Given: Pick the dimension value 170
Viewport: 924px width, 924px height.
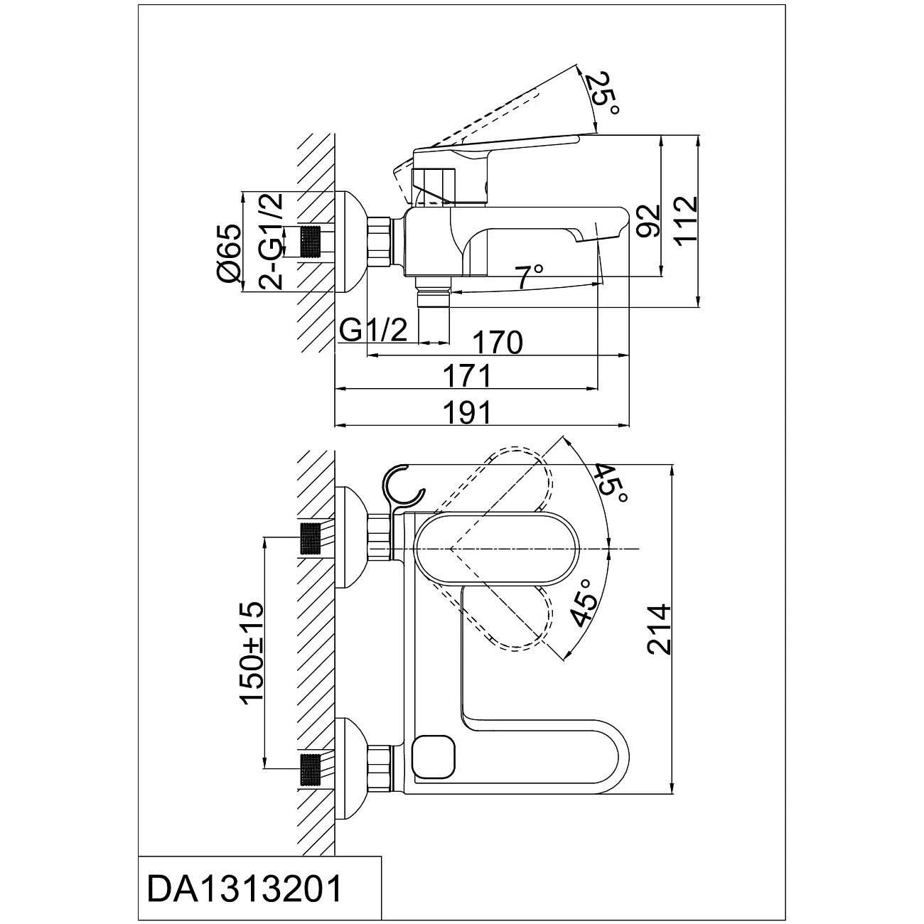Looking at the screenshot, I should pyautogui.click(x=498, y=343).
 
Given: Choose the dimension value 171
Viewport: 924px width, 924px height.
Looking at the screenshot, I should pyautogui.click(x=466, y=375).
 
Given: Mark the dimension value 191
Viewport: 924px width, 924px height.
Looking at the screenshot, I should pyautogui.click(x=466, y=412).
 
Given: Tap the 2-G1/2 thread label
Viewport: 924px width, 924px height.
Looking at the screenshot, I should pyautogui.click(x=271, y=242).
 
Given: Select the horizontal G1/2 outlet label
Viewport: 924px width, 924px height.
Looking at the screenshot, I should pyautogui.click(x=373, y=330).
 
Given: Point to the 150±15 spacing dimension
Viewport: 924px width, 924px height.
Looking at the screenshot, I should pyautogui.click(x=252, y=652).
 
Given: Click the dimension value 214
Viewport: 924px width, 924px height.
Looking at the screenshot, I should pyautogui.click(x=659, y=629).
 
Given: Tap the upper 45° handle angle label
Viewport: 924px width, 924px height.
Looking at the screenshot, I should pyautogui.click(x=610, y=483).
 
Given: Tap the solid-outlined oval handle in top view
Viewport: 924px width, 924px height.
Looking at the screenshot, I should pyautogui.click(x=498, y=549).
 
